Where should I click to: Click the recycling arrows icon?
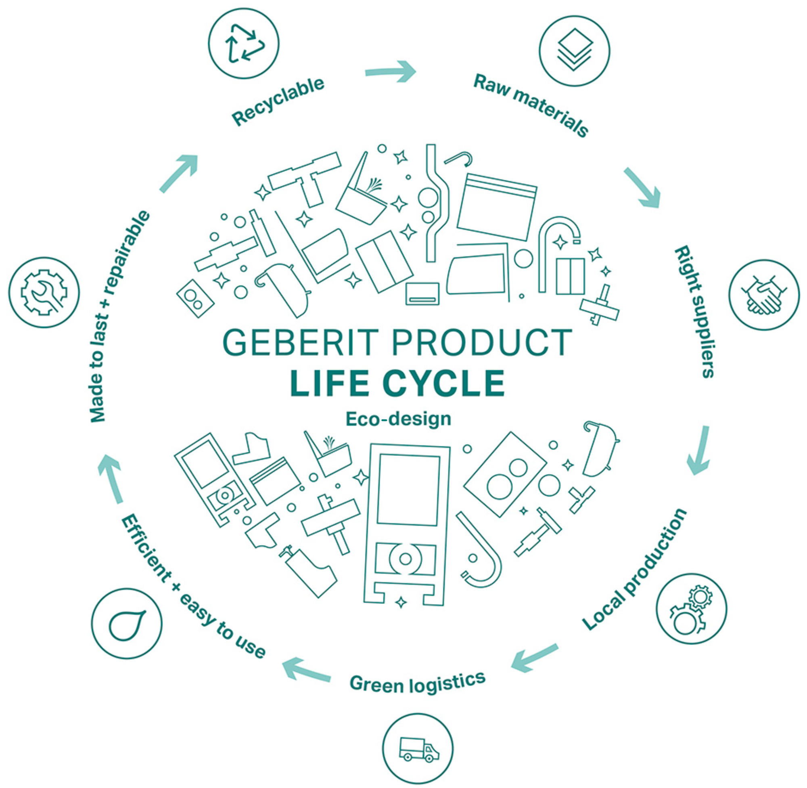click(244, 44)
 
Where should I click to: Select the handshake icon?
click(764, 295)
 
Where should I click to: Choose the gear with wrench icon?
click(44, 293)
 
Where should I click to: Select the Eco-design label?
click(398, 419)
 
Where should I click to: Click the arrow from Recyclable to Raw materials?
click(391, 71)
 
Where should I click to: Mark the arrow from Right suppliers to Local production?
click(700, 451)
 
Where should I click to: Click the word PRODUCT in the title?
click(482, 343)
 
